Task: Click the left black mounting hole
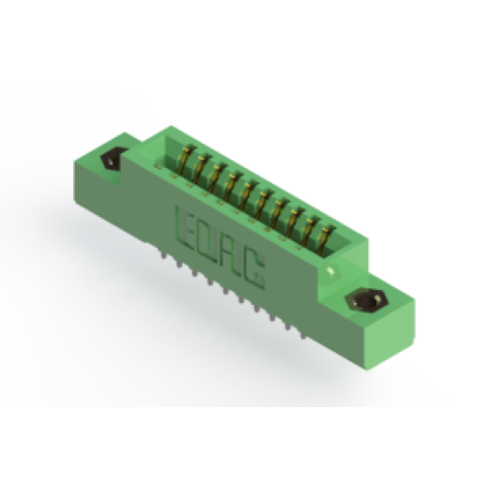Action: (x=112, y=158)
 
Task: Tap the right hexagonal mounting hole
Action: (x=368, y=300)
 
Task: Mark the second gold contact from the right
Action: (x=310, y=230)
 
